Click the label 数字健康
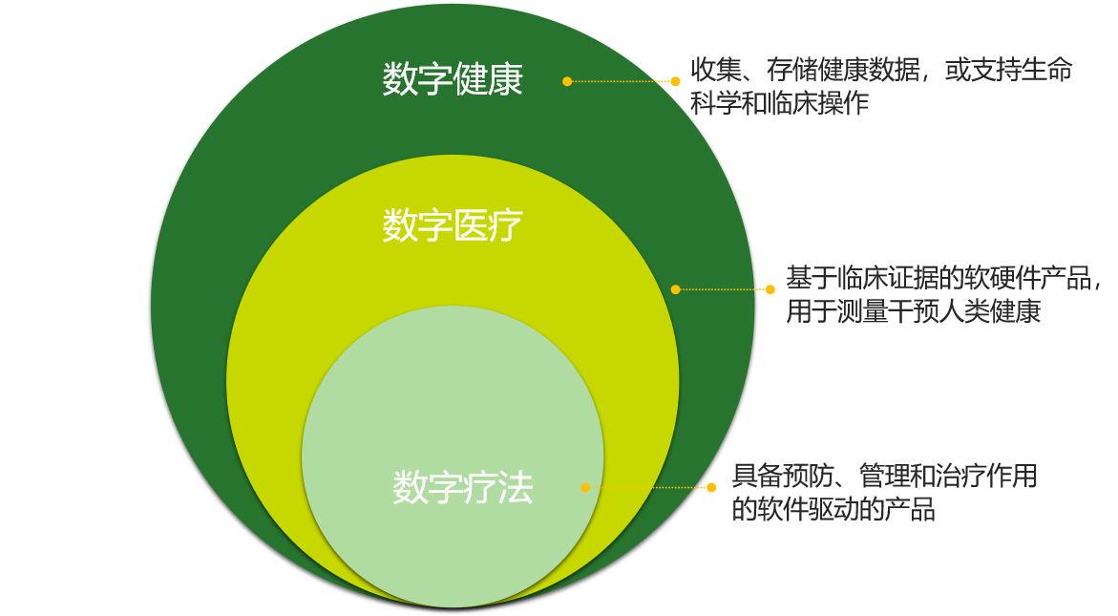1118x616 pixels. click(x=453, y=79)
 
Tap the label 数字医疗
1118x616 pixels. click(x=453, y=227)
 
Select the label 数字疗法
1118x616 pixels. click(x=462, y=488)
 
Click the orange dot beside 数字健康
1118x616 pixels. click(x=567, y=81)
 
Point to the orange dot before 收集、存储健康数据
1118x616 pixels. click(x=675, y=81)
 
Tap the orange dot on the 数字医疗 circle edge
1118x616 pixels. click(x=675, y=289)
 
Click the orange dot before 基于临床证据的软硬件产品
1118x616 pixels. click(x=770, y=289)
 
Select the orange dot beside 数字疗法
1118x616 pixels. click(x=585, y=488)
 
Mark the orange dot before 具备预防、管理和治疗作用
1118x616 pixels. click(x=711, y=488)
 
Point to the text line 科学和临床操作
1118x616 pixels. click(x=779, y=103)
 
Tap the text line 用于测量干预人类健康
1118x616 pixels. click(x=913, y=312)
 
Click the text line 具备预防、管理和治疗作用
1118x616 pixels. click(x=884, y=476)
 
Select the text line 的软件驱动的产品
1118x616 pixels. click(x=833, y=510)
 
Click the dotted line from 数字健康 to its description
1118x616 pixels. click(x=621, y=81)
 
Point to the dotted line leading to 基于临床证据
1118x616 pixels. click(x=723, y=289)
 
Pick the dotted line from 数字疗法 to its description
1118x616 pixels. click(x=648, y=488)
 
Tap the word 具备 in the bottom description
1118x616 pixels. click(x=759, y=476)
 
